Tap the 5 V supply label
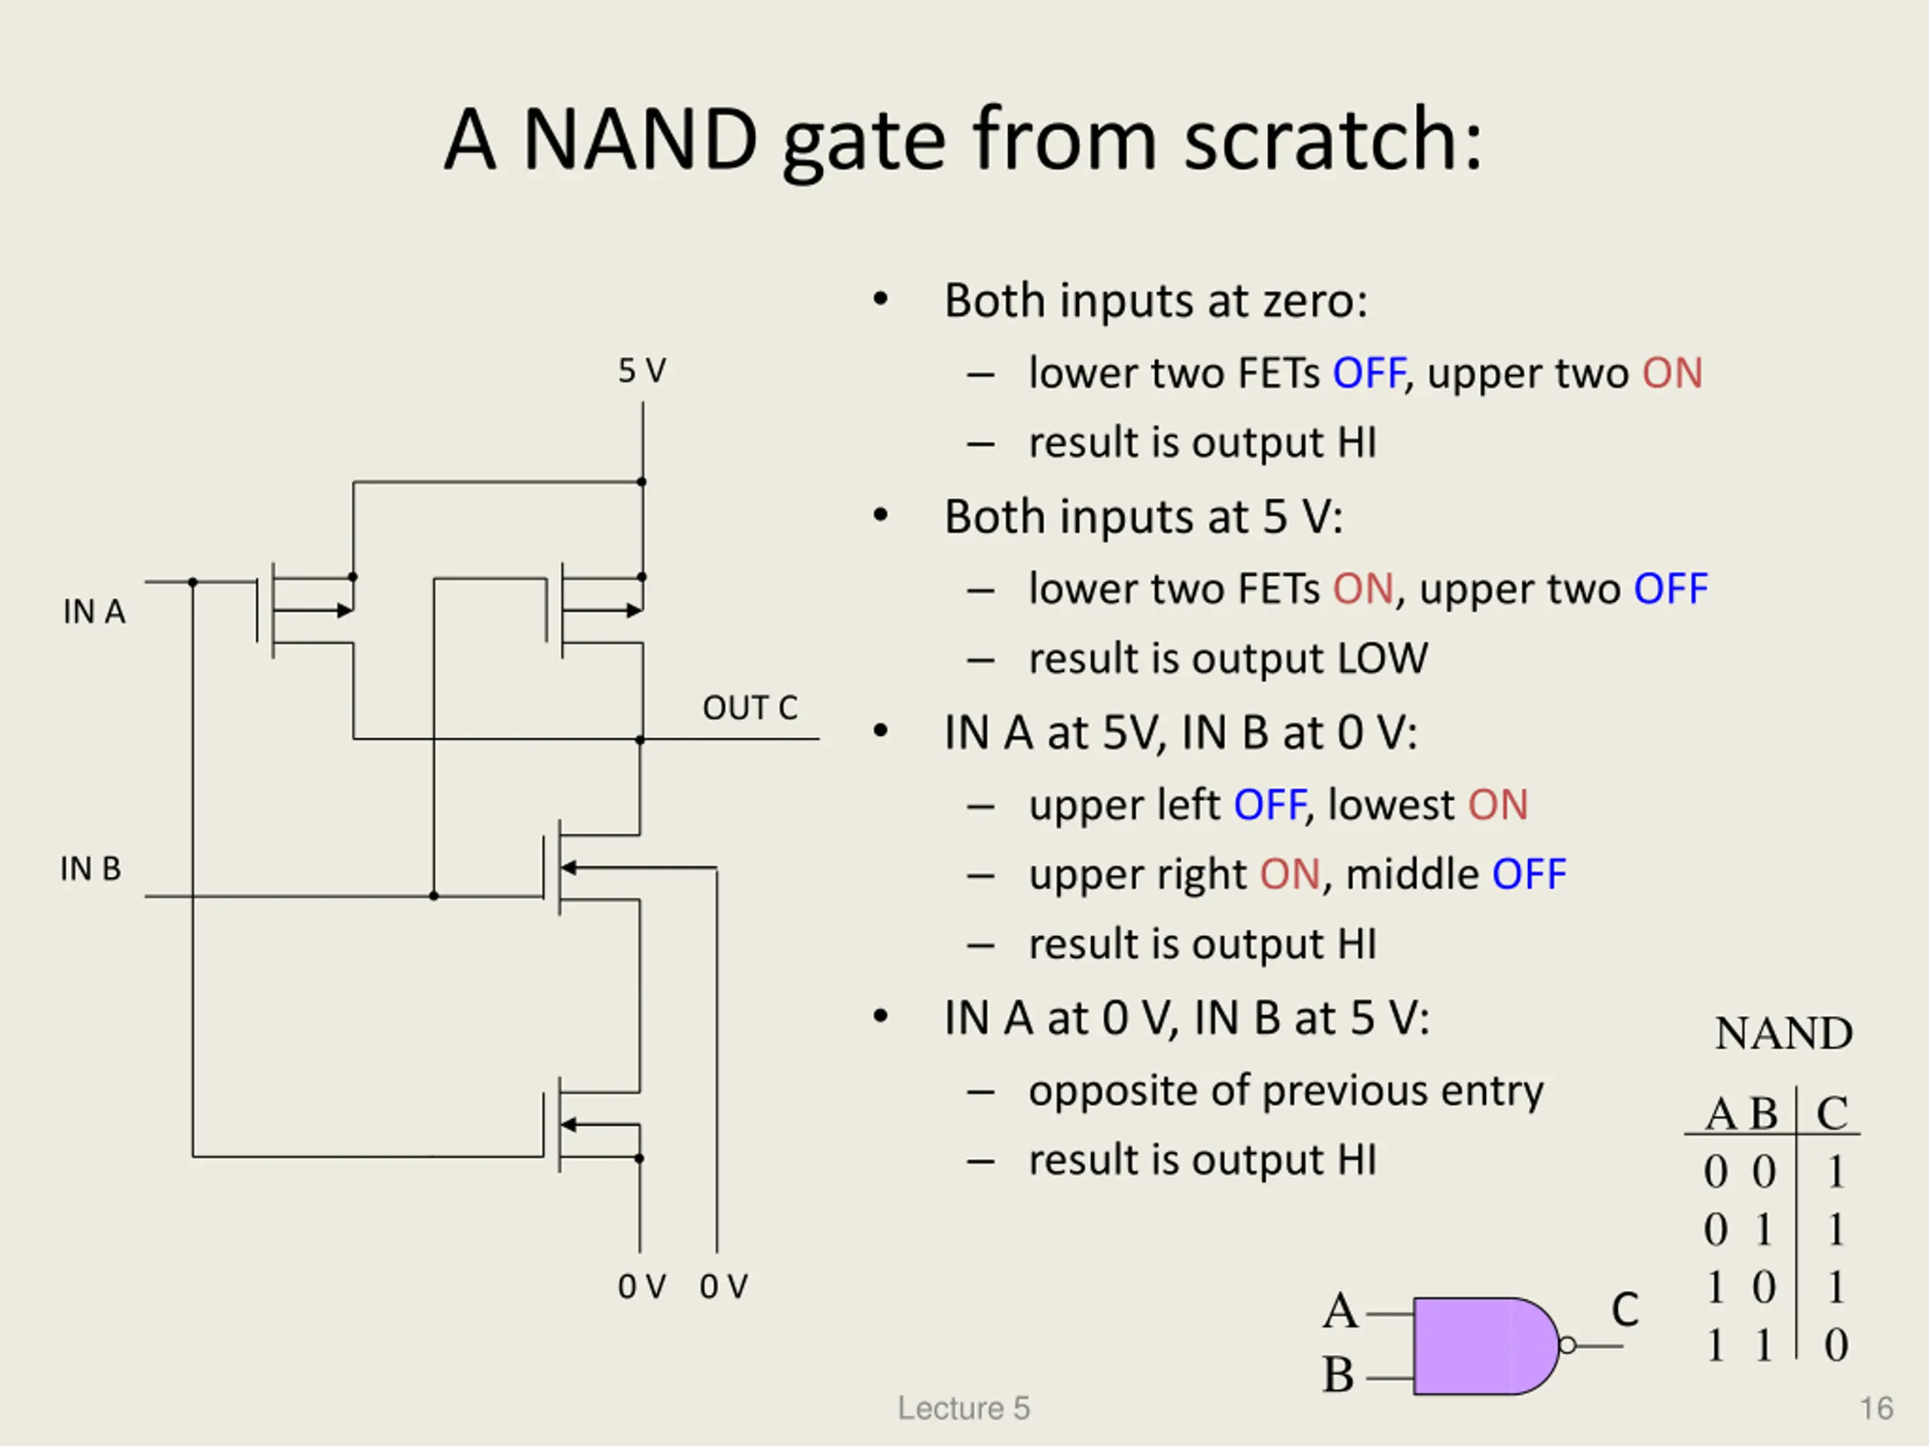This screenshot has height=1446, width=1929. tap(642, 371)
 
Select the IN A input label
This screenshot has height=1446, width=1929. tap(94, 612)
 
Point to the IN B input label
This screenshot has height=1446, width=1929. tap(90, 869)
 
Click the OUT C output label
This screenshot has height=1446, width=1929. tap(750, 708)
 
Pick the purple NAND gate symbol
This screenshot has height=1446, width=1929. tap(1486, 1346)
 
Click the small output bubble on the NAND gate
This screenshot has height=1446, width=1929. tap(1567, 1346)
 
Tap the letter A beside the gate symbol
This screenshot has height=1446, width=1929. tap(1341, 1311)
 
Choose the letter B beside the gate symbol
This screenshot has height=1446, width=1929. tap(1338, 1375)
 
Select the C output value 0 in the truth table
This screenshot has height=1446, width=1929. tap(1836, 1345)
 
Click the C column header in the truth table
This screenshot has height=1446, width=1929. tap(1833, 1113)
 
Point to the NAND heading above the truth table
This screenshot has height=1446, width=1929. tap(1784, 1034)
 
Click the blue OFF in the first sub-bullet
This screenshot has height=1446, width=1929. tap(1368, 373)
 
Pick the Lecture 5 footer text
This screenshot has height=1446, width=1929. tap(964, 1408)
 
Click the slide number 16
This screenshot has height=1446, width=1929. tap(1877, 1408)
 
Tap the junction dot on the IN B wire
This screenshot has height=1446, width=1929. tap(433, 896)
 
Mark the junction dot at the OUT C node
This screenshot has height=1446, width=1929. tap(640, 740)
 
